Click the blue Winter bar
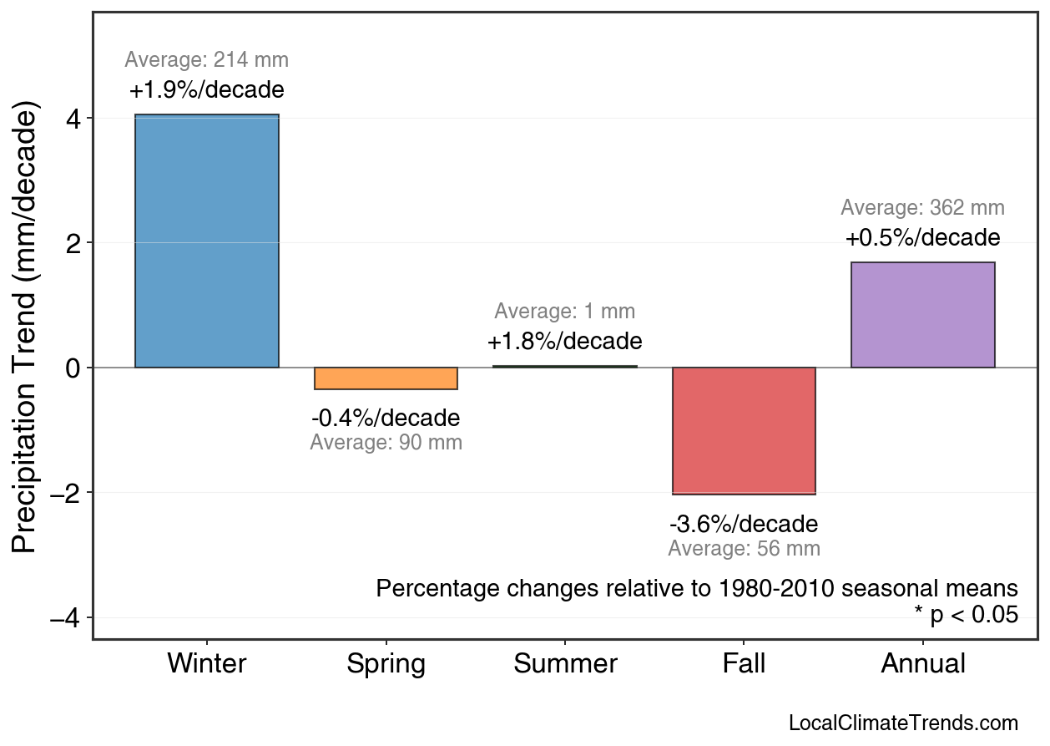[x=207, y=241]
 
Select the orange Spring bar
[x=386, y=378]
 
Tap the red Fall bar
[x=744, y=430]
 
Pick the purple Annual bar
[x=922, y=315]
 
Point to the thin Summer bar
[x=565, y=366]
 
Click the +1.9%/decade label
[x=207, y=90]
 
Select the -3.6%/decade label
[x=744, y=525]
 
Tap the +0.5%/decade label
[x=922, y=238]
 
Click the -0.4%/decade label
[x=386, y=418]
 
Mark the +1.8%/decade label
[x=565, y=342]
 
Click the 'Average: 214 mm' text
[x=207, y=60]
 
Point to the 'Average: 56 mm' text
[x=744, y=549]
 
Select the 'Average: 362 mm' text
[x=922, y=208]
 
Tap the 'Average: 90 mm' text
[x=386, y=443]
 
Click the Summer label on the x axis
[x=565, y=664]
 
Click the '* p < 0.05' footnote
[x=966, y=615]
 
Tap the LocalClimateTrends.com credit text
[x=903, y=723]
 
